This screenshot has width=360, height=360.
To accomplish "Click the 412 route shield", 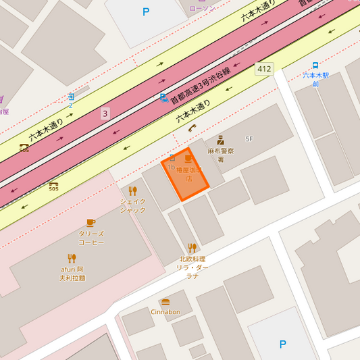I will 264,69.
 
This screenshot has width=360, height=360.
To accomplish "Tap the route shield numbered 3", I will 105,113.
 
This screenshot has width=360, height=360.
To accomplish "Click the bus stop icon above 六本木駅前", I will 315,66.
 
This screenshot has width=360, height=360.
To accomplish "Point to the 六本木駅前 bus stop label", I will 315,79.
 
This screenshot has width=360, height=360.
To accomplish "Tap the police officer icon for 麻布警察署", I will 220,140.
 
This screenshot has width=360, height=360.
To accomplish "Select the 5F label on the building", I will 249,138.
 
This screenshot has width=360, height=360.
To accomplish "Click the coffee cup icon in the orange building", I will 188,159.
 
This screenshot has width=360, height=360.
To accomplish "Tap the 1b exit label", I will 171,166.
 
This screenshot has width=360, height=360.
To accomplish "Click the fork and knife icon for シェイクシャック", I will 132,190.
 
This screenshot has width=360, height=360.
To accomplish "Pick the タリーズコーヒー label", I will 91,238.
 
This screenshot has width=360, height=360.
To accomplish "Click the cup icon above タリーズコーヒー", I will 91,222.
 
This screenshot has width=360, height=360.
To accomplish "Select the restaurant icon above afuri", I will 72,258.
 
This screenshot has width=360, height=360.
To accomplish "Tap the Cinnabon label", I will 165,312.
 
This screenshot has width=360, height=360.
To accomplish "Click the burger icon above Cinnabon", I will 165,302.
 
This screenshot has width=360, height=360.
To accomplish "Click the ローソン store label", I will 201,8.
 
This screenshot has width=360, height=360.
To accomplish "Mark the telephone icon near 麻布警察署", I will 192,128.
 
